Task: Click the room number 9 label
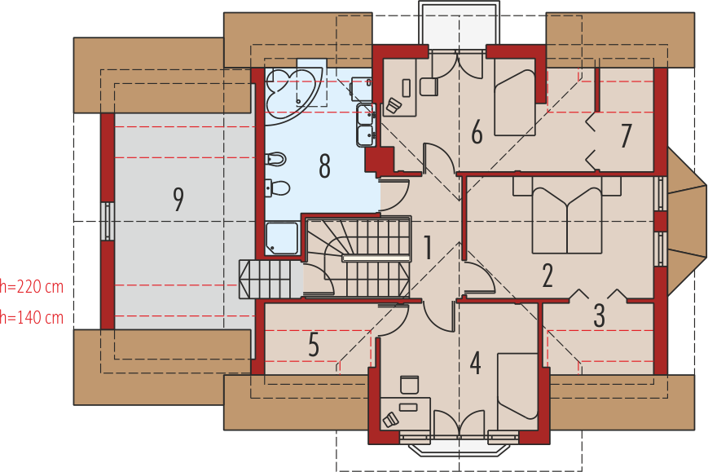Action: (x=178, y=200)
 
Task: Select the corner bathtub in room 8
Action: (x=294, y=88)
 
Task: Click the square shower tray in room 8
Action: (x=282, y=237)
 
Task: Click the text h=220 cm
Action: (x=32, y=287)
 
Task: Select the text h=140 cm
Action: (x=32, y=316)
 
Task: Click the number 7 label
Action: (x=626, y=136)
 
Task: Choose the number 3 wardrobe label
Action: (x=599, y=315)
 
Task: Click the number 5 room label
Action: (x=314, y=345)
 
